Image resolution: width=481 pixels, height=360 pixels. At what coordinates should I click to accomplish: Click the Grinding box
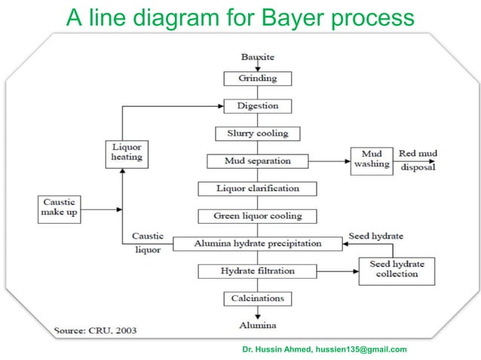[257, 78]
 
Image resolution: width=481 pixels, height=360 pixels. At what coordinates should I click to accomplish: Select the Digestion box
[257, 106]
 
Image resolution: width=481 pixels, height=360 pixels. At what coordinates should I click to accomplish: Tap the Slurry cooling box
[257, 134]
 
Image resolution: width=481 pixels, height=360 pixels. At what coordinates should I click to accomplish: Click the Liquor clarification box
[257, 188]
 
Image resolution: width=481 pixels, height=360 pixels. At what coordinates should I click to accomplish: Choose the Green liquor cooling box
[257, 216]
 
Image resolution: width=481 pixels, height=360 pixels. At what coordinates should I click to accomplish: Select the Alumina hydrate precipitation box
[257, 243]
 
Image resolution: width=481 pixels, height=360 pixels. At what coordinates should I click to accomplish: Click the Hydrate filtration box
[257, 270]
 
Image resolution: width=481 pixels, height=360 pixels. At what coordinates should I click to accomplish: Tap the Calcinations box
[257, 298]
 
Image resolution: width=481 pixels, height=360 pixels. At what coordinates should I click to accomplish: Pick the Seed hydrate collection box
[397, 270]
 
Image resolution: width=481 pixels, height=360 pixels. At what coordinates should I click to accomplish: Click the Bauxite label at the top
[257, 57]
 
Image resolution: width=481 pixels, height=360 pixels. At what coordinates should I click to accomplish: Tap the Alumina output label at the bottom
[258, 325]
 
